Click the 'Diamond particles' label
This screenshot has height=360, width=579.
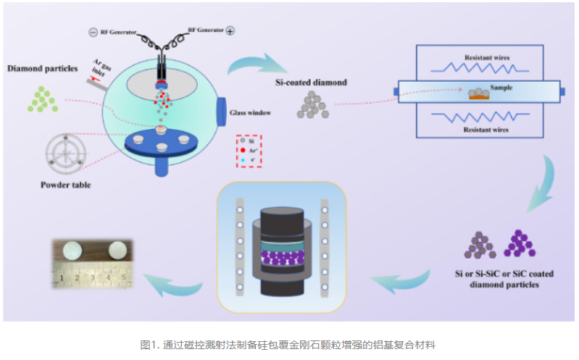point(43,69)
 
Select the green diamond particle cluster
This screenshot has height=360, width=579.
point(43,99)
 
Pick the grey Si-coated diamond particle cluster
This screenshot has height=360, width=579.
point(315,105)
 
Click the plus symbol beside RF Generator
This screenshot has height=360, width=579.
point(230,31)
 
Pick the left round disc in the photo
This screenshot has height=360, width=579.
point(75,250)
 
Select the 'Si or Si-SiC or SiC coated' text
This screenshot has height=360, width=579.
point(506,273)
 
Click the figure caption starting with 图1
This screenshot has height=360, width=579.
point(288,344)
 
